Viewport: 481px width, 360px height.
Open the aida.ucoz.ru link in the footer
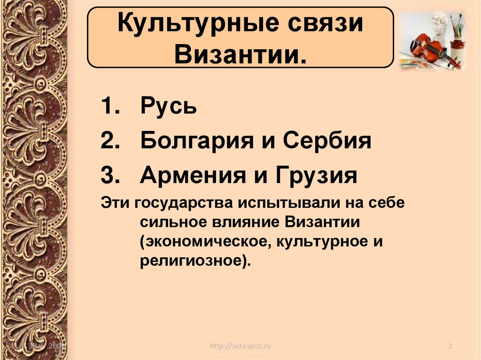click(x=240, y=346)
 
